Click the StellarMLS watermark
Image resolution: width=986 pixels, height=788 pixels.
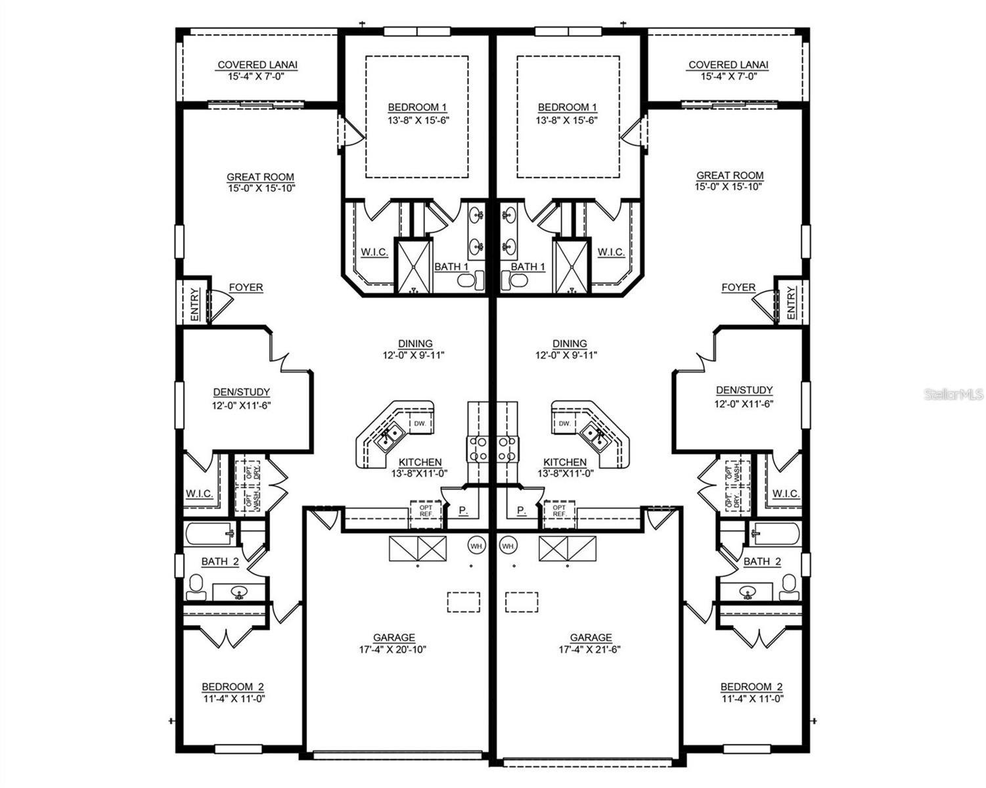[954, 394]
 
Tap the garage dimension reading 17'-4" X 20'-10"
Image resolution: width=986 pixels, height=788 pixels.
[394, 649]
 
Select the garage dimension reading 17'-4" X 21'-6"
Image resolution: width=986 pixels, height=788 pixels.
[591, 649]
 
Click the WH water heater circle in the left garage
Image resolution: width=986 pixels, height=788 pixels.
[476, 545]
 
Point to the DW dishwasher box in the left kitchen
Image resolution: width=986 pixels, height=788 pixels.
[420, 424]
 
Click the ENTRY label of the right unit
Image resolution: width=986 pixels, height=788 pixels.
[790, 303]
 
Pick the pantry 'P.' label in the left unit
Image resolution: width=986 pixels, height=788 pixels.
[463, 510]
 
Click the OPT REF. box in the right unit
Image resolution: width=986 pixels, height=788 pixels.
[560, 511]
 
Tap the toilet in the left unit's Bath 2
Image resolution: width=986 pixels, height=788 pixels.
[196, 586]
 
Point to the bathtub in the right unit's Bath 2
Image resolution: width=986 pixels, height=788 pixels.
[776, 533]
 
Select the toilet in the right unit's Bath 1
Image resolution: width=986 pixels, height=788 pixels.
[516, 280]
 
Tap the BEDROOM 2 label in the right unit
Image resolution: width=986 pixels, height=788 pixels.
[751, 687]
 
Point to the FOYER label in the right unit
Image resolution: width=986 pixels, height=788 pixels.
[738, 288]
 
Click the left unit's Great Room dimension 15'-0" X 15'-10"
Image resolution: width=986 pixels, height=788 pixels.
[260, 188]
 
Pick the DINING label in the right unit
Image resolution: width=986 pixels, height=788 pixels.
[570, 343]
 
